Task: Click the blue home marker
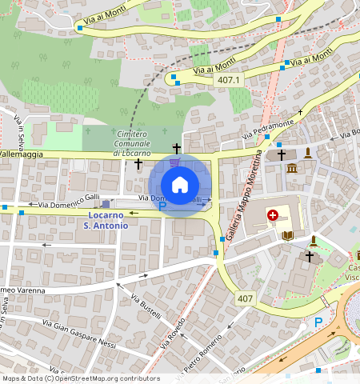tap(180, 185)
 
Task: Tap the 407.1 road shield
tap(228, 80)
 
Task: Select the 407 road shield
tap(246, 298)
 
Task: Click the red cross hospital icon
tap(273, 215)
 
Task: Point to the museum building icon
tap(292, 168)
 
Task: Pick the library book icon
tap(288, 235)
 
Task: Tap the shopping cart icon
tap(174, 162)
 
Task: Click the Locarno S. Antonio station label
tap(106, 221)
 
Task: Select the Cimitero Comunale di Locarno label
tap(131, 142)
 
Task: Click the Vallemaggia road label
tap(20, 153)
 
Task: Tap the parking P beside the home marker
tap(162, 206)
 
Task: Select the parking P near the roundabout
tap(318, 322)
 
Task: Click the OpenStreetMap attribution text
tap(81, 378)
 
